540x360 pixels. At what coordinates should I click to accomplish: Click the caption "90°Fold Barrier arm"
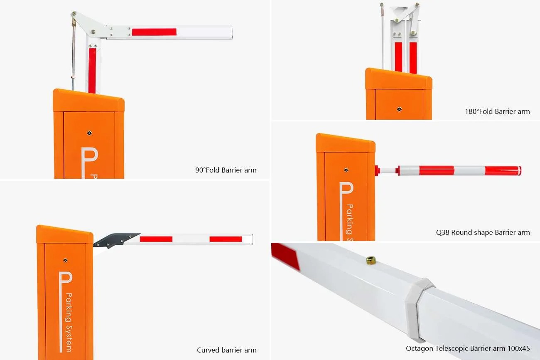226,170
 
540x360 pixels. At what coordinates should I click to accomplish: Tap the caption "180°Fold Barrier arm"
497,111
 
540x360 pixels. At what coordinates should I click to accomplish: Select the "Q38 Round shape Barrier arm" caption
483,232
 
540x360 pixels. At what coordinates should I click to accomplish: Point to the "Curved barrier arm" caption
227,350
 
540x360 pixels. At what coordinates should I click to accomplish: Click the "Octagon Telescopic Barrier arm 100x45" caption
468,348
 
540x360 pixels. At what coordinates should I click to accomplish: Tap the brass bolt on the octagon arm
371,260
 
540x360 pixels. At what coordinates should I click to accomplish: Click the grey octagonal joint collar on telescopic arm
419,310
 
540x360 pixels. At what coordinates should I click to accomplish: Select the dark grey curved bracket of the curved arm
116,240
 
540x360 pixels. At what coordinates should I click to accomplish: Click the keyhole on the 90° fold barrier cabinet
89,133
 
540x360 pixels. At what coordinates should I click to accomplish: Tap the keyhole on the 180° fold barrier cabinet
399,109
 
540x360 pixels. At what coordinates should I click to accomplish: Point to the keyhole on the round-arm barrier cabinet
346,170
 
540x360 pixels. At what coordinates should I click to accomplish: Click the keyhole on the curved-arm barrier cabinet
65,260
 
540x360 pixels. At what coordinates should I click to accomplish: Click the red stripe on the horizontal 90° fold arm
154,32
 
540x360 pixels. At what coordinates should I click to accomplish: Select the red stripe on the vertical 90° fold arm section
92,70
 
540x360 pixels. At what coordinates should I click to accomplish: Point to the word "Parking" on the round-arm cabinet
350,219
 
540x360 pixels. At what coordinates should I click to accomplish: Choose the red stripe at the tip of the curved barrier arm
226,239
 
